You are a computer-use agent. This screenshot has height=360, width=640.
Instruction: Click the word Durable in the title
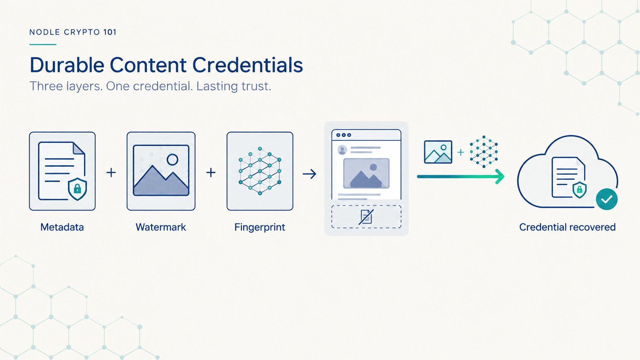(67, 65)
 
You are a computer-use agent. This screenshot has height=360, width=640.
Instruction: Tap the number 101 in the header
(110, 32)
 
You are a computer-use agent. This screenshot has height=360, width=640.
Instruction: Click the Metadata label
(62, 227)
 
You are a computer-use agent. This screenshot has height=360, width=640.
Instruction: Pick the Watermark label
(161, 227)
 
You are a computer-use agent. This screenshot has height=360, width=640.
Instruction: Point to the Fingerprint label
(260, 228)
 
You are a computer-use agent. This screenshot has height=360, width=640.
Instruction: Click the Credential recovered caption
(567, 227)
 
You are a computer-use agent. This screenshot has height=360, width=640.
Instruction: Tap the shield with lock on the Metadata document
(77, 189)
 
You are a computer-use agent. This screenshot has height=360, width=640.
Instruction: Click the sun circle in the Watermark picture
(172, 160)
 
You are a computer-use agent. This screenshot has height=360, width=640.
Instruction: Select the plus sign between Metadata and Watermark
(111, 173)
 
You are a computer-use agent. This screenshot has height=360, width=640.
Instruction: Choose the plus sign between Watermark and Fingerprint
(211, 173)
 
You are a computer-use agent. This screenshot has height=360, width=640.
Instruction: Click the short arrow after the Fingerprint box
(309, 174)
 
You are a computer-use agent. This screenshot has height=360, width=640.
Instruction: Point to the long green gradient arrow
(460, 177)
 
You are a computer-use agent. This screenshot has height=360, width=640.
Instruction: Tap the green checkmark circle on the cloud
(607, 199)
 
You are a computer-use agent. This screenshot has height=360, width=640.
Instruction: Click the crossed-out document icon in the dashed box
(366, 217)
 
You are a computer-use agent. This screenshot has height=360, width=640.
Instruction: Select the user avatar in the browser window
(342, 150)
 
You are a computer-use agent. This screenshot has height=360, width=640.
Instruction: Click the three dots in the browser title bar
(344, 135)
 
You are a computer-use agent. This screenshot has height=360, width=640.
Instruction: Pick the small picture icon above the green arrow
(438, 152)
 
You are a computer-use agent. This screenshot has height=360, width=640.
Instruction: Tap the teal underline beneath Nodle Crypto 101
(43, 44)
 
